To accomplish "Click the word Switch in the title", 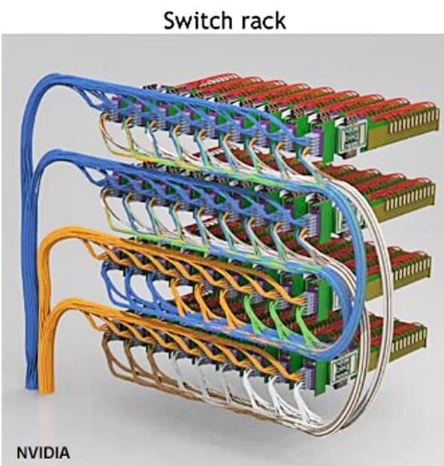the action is click(x=197, y=20).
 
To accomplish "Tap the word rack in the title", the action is click(x=263, y=21).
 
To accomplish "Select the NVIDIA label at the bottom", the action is click(x=44, y=453).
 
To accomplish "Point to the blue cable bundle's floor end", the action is click(x=30, y=383).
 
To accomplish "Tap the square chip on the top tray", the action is click(x=352, y=136).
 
